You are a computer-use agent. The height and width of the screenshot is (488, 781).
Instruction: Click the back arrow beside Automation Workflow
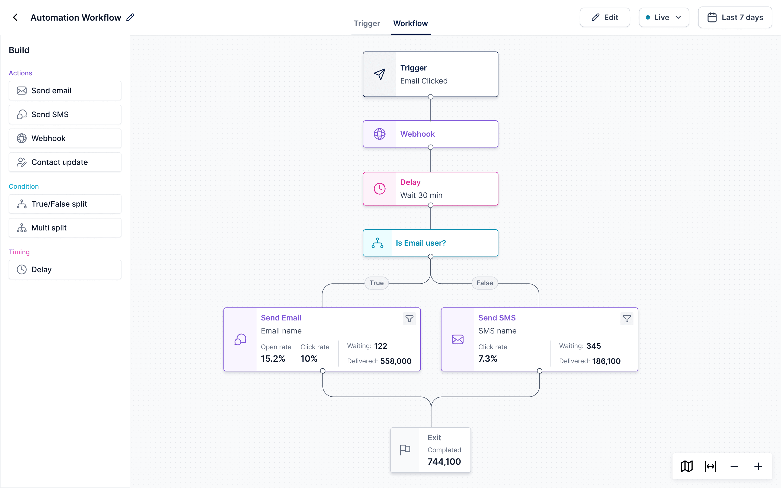(x=15, y=17)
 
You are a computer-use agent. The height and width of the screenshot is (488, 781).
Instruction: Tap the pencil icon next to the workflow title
(x=130, y=17)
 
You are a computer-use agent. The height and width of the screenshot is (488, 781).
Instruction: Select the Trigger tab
(x=367, y=23)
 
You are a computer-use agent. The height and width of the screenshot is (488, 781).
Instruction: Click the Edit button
(x=604, y=17)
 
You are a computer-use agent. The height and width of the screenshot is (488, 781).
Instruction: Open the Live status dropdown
(x=664, y=17)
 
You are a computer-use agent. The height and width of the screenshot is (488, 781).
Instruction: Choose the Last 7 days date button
(x=735, y=17)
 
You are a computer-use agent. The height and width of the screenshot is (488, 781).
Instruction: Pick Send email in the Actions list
(x=65, y=91)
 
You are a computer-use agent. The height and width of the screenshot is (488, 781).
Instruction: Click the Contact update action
(x=65, y=162)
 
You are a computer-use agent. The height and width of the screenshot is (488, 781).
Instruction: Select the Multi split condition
(x=65, y=228)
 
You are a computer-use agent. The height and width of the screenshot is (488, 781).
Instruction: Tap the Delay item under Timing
(x=65, y=269)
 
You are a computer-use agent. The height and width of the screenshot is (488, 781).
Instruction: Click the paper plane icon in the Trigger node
(x=380, y=74)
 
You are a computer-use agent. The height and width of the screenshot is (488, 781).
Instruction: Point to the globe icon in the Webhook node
(x=380, y=134)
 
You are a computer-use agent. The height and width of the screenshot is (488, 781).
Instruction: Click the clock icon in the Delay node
(x=380, y=189)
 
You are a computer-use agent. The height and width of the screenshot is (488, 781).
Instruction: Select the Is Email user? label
(x=421, y=243)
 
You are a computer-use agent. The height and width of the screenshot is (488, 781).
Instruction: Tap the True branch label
(x=377, y=283)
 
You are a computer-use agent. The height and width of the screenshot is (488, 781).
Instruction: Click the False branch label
(x=485, y=283)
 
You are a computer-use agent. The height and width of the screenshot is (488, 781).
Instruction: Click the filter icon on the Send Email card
(x=409, y=319)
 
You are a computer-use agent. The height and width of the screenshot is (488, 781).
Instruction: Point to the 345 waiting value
(x=594, y=346)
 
